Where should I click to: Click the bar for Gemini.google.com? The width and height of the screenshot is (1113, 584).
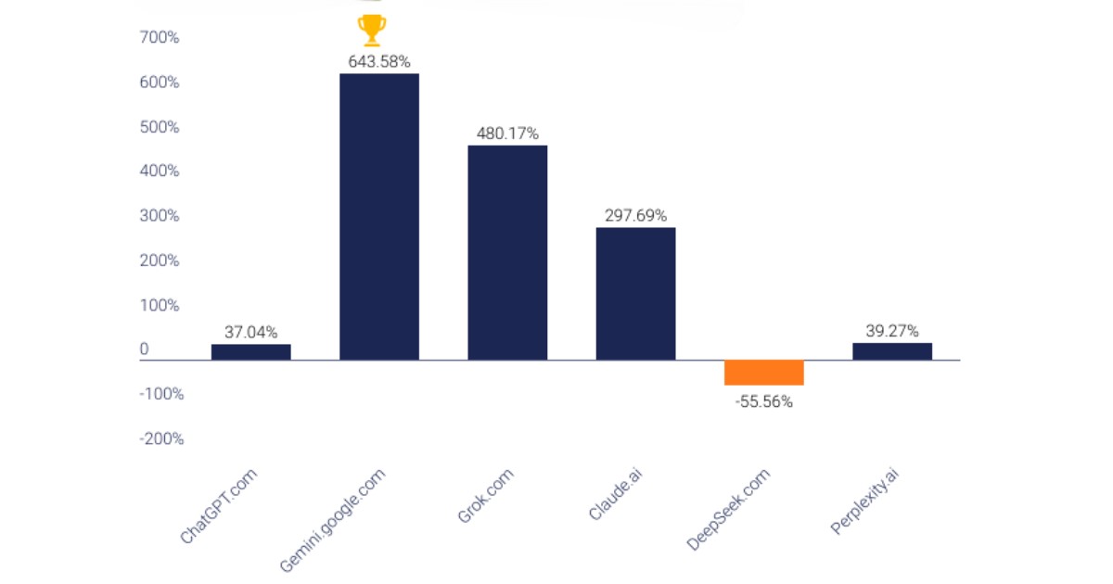(x=378, y=216)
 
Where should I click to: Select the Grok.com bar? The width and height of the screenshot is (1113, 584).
(x=507, y=252)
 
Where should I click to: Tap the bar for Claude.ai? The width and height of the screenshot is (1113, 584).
(x=635, y=293)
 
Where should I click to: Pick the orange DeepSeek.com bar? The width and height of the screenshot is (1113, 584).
(x=763, y=372)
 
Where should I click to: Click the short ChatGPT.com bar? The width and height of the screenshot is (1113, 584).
(x=250, y=351)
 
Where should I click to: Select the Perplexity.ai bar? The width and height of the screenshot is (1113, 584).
(x=891, y=350)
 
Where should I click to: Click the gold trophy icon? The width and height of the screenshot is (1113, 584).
(x=372, y=30)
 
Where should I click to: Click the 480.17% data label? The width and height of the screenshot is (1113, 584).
(x=507, y=133)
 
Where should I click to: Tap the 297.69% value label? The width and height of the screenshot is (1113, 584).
(x=635, y=215)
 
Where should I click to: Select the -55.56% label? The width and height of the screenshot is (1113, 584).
(x=763, y=402)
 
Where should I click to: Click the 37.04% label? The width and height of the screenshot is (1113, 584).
(x=250, y=332)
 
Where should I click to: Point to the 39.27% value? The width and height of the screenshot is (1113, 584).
(x=891, y=331)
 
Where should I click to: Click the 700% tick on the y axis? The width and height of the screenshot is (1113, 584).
(x=160, y=38)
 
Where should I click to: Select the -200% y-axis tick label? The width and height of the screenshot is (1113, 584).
(x=161, y=438)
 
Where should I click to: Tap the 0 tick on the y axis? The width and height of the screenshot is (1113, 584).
(x=145, y=349)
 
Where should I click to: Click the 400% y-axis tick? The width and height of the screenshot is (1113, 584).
(x=160, y=171)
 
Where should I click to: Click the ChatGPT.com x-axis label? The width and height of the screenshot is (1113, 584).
(x=220, y=505)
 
